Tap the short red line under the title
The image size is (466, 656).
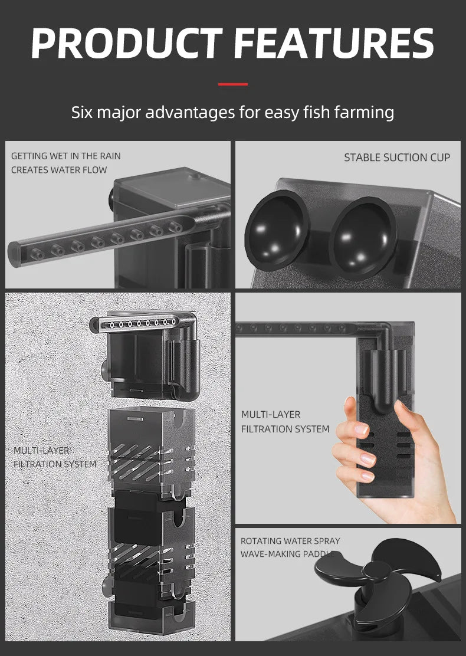tap(233, 84)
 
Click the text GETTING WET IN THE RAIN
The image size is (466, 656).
tap(65, 156)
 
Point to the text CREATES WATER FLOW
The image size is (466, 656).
tap(59, 170)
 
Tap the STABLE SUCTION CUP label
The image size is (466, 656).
tap(396, 158)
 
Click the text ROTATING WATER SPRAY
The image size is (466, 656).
tap(290, 541)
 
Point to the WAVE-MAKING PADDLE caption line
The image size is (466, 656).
tap(287, 554)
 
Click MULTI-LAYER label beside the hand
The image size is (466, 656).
tap(271, 415)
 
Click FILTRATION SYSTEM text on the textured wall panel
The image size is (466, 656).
tap(55, 464)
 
